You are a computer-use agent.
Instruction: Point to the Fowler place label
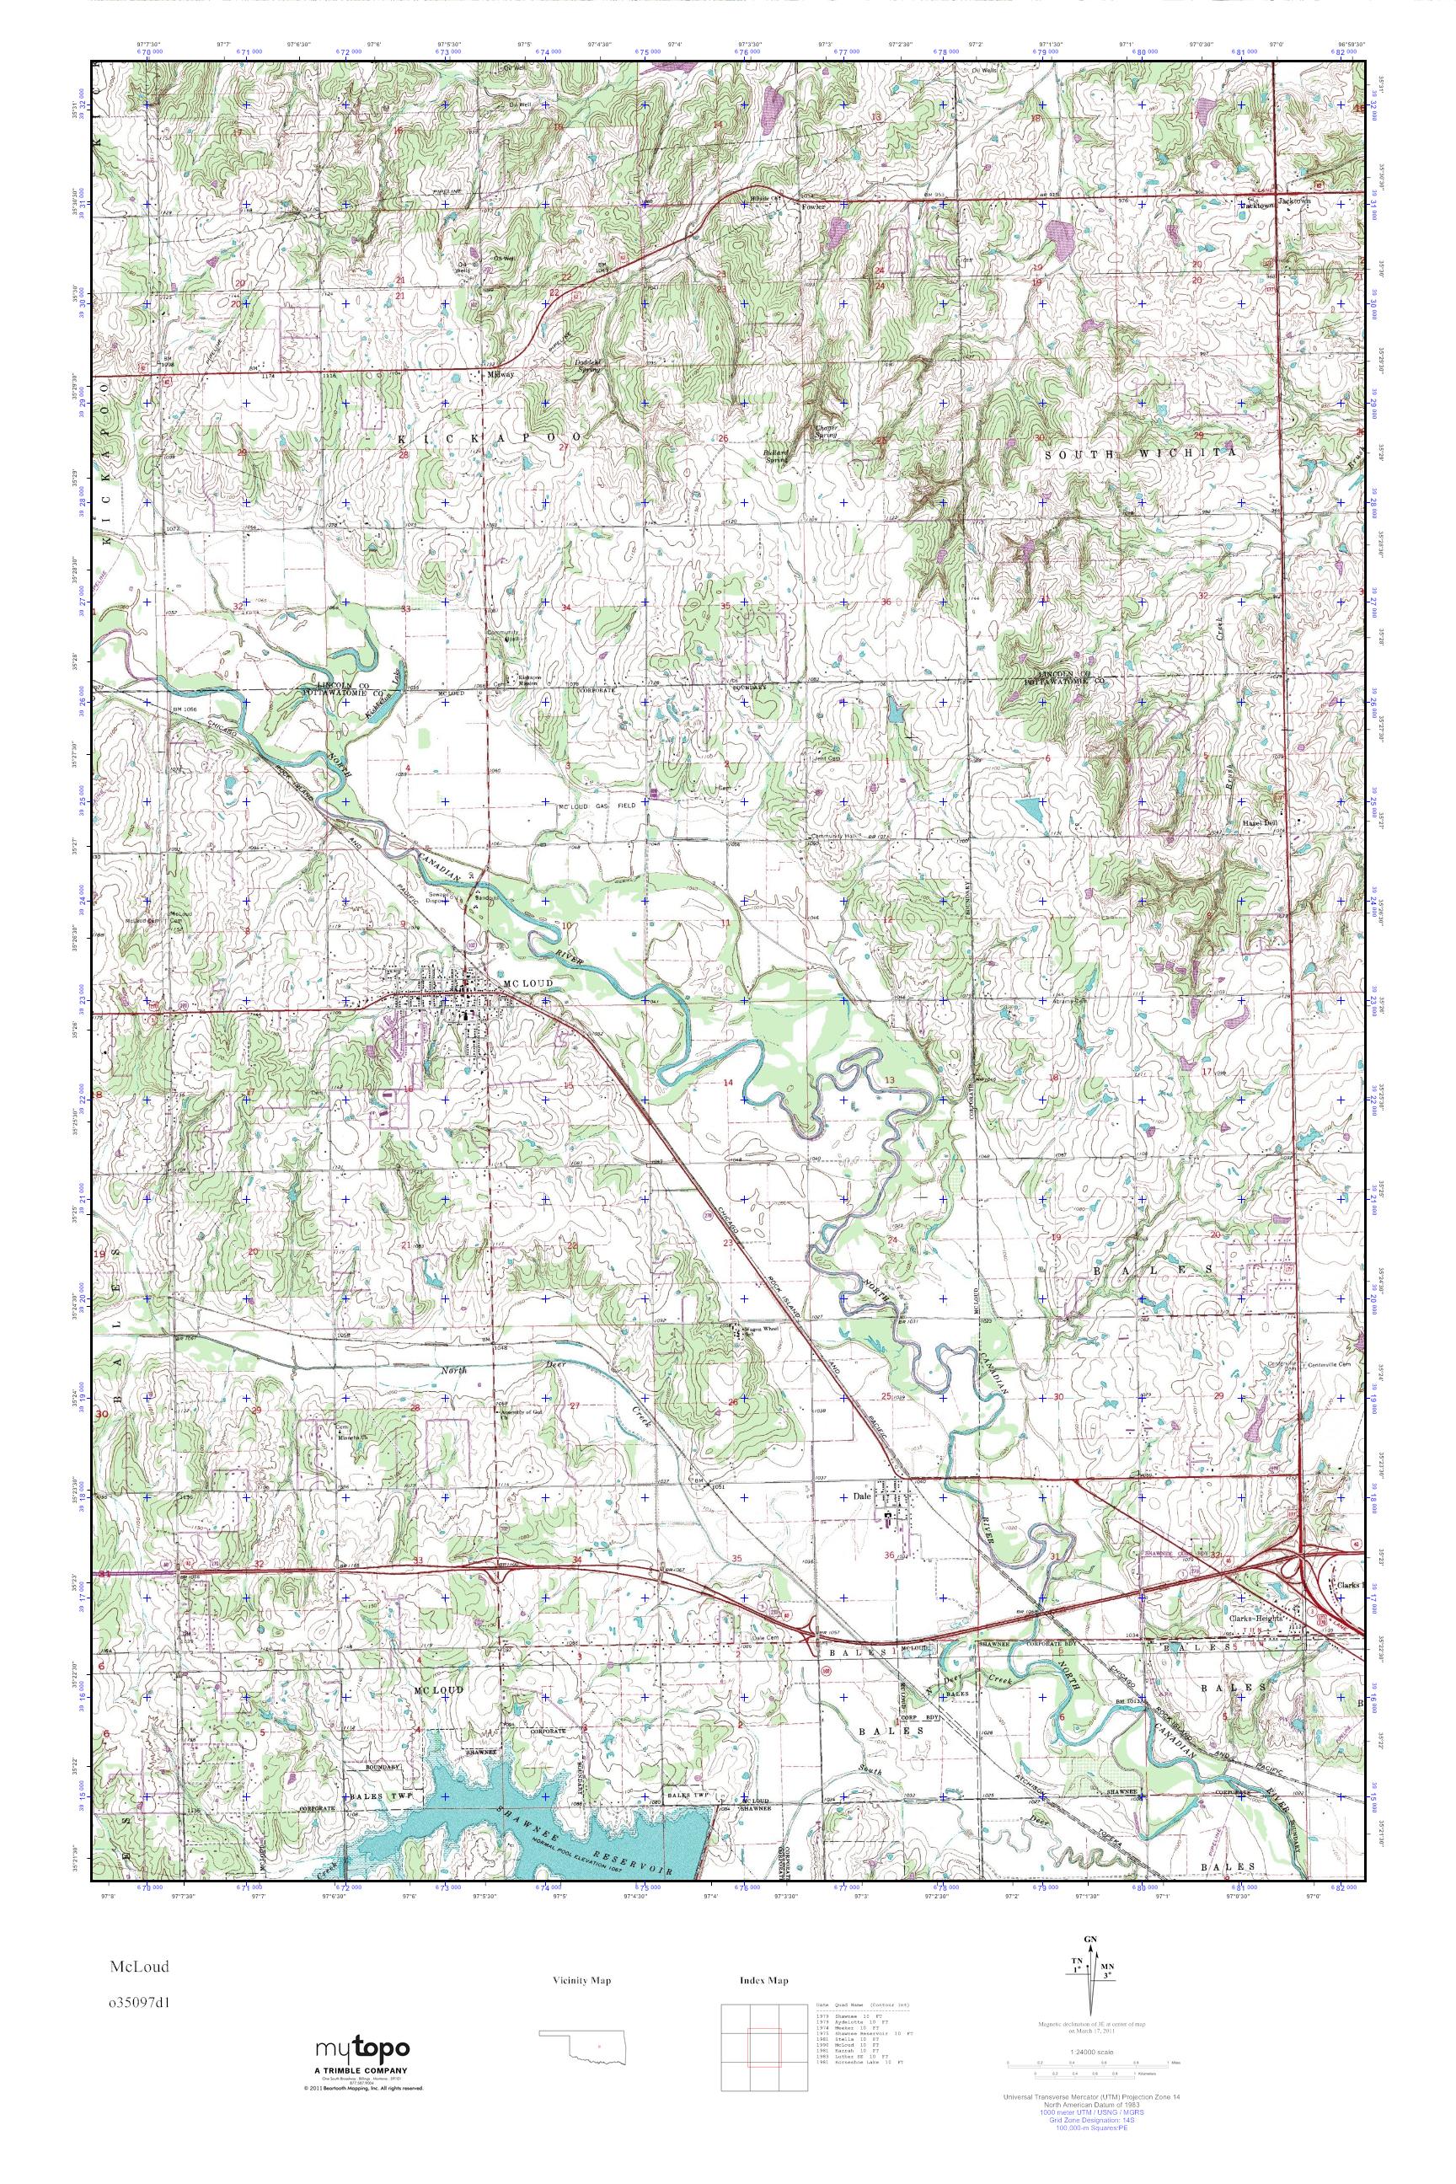point(813,207)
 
